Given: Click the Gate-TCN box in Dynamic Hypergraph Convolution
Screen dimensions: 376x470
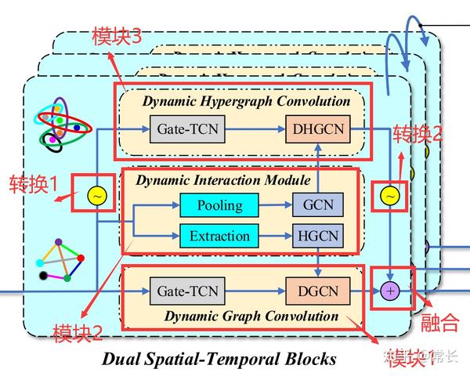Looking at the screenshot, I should click(x=187, y=128).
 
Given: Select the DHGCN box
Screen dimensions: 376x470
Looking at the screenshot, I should click(x=319, y=128).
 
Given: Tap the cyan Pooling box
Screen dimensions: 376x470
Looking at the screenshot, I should click(x=219, y=206).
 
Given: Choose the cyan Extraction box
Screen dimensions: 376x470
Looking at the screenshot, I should click(x=219, y=236).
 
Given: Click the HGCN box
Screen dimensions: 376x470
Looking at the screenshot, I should click(x=318, y=236).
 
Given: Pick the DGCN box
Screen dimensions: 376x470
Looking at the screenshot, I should click(x=318, y=291).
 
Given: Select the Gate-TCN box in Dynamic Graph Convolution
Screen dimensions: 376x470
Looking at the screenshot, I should click(x=187, y=291).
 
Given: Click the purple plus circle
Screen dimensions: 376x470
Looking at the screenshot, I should click(x=389, y=291).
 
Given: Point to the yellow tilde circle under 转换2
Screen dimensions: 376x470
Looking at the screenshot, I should click(x=389, y=196).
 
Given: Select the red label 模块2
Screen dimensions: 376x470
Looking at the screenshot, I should click(x=77, y=333).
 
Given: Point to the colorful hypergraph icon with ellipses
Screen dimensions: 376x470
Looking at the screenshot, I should click(x=60, y=126).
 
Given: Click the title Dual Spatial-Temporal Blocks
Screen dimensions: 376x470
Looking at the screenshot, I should click(x=219, y=359).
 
